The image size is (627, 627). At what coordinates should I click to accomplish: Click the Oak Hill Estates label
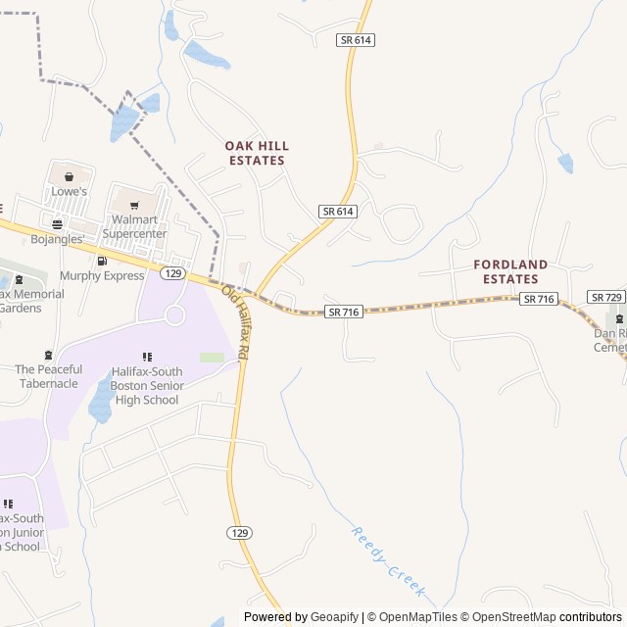257,153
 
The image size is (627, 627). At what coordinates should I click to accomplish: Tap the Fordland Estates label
506,271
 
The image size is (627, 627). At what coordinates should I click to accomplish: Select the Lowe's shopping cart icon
70,176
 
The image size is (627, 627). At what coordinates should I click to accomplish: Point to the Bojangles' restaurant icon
57,224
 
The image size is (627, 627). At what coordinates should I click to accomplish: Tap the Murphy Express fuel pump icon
102,261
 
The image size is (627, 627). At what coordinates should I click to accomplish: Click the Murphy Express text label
102,276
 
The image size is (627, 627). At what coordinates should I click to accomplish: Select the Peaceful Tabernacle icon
49,355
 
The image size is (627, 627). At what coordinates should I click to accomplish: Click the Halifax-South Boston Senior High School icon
146,358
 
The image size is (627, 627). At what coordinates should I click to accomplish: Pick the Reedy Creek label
388,562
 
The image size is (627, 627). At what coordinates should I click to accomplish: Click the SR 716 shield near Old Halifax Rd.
344,312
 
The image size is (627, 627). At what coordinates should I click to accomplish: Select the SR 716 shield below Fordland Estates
539,299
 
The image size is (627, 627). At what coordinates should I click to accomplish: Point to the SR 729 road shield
605,296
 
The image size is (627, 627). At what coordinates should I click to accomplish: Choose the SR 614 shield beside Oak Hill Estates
337,211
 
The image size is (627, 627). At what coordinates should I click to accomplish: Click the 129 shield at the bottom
240,532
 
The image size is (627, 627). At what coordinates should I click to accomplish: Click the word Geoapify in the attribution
335,617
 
